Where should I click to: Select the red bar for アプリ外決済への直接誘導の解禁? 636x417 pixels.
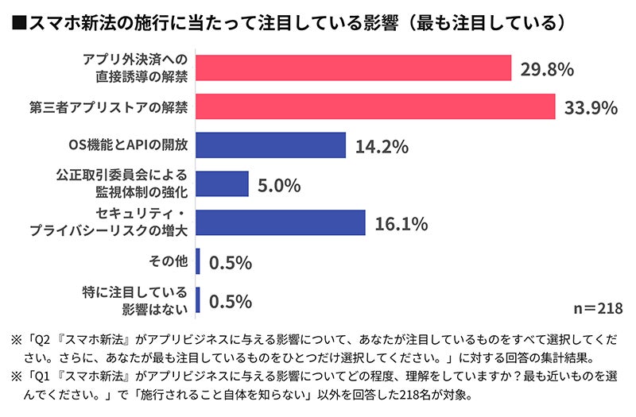click(353, 68)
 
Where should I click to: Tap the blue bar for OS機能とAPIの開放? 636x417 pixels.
click(270, 145)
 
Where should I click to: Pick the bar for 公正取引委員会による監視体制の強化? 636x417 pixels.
click(222, 184)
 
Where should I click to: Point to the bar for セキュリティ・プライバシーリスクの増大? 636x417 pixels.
click(280, 223)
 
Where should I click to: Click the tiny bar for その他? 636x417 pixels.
click(198, 261)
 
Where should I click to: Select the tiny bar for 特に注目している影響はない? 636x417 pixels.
click(198, 300)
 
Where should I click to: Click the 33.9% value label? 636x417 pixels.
click(591, 107)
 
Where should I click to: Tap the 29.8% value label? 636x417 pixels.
click(547, 68)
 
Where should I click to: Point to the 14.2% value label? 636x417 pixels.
click(382, 146)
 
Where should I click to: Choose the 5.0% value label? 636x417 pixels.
click(279, 185)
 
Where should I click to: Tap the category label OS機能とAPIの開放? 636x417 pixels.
click(129, 145)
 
